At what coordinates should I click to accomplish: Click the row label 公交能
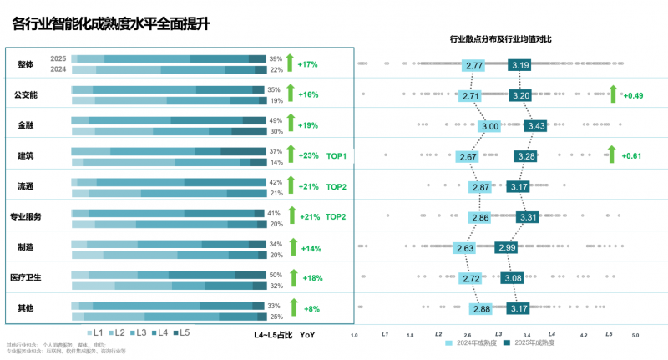[27, 94]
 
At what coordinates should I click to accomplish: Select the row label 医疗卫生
[26, 277]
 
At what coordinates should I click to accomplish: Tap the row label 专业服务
[26, 216]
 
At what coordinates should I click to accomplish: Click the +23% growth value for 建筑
[308, 155]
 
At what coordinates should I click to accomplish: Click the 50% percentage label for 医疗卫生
[275, 274]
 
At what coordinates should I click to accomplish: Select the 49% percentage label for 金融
[275, 120]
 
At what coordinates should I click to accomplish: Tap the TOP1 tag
[337, 155]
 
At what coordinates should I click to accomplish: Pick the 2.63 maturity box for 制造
[466, 248]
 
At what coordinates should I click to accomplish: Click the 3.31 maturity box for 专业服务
[527, 217]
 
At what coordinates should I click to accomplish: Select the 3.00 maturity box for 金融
[490, 126]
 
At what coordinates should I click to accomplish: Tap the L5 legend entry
[180, 333]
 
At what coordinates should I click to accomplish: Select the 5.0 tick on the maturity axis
[635, 335]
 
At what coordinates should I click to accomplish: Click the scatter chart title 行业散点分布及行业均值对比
[501, 39]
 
